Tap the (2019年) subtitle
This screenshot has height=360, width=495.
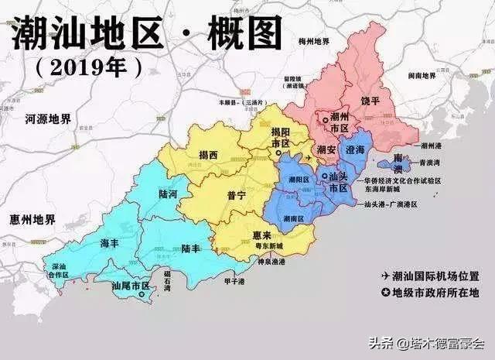click(90, 67)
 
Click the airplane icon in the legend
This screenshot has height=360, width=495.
click(384, 276)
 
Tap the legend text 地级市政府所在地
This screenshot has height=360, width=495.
click(440, 292)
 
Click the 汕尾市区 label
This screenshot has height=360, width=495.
click(130, 286)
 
